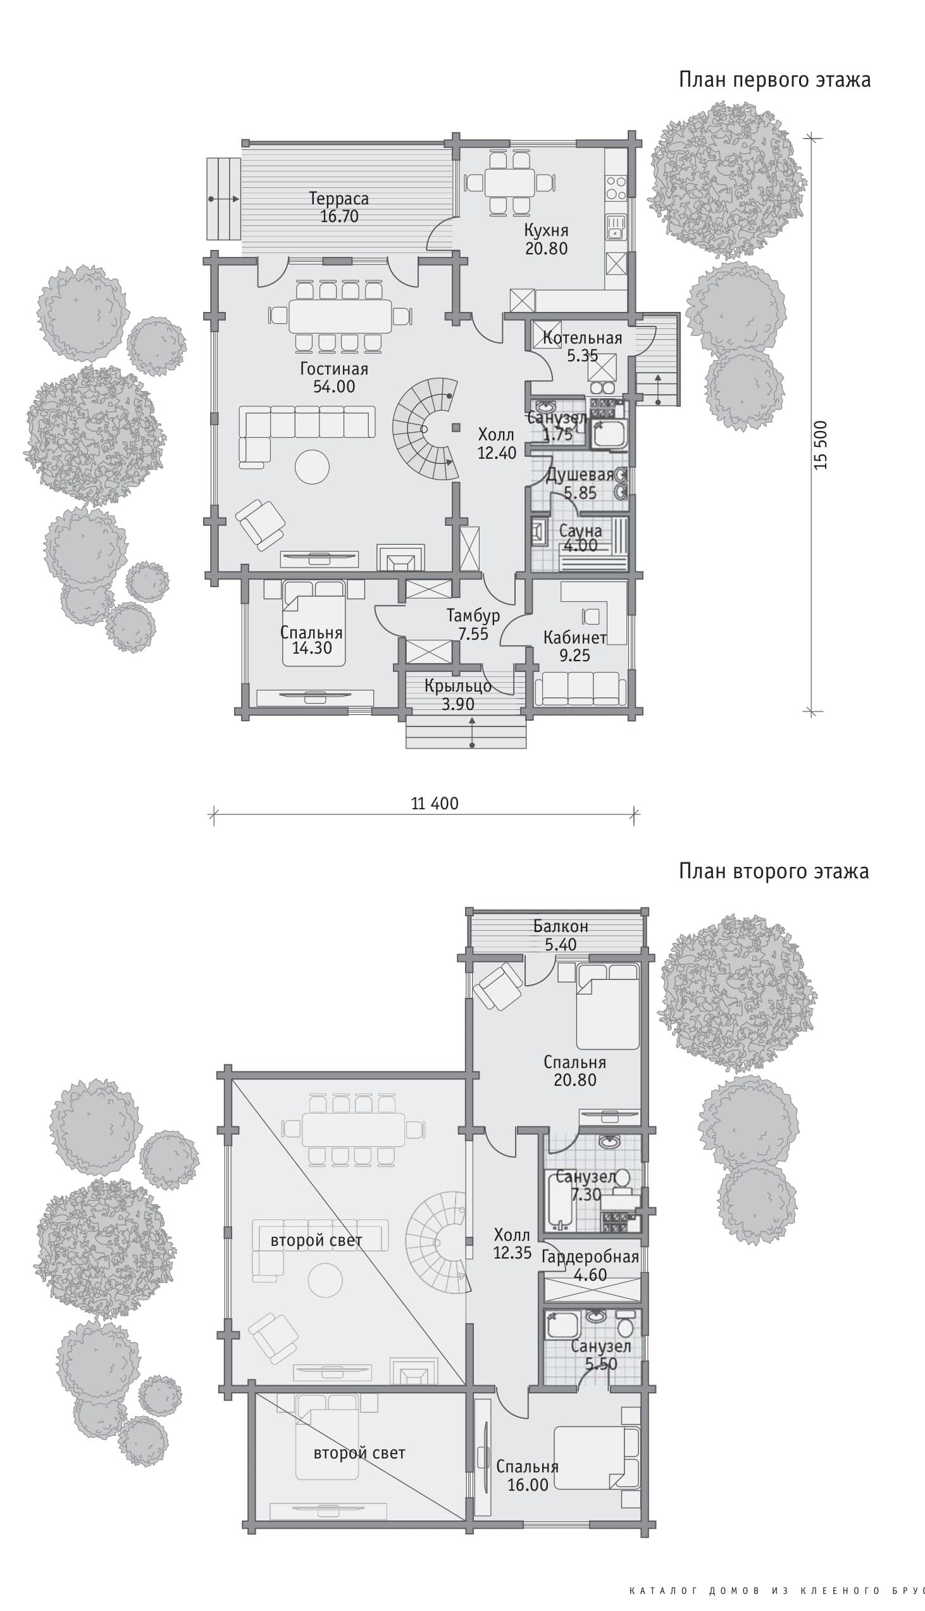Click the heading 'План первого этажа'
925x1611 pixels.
point(774,80)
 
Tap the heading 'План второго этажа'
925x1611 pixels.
point(774,871)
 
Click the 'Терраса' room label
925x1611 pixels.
point(338,198)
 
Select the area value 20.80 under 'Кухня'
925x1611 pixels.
point(547,249)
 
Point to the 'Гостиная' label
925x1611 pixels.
point(334,368)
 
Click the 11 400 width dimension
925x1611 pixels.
point(435,804)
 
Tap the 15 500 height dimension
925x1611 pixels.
point(821,445)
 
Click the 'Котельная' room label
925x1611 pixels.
point(582,338)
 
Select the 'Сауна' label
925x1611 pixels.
point(581,530)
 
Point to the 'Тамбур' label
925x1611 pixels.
point(473,616)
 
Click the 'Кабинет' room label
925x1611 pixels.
point(575,638)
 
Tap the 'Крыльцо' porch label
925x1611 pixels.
point(458,686)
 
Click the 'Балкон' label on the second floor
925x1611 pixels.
point(561,926)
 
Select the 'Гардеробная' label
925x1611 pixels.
point(590,1257)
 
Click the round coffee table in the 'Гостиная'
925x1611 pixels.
point(313,467)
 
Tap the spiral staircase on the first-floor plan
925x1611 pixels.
point(425,429)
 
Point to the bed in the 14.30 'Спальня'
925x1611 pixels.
point(314,623)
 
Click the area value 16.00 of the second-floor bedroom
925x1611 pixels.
point(528,1484)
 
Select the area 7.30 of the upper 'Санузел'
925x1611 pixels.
point(586,1195)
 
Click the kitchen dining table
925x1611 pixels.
point(509,183)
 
